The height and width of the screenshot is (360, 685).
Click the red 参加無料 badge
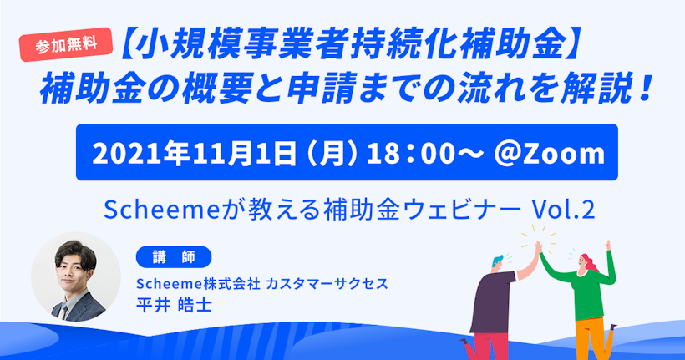[66, 44]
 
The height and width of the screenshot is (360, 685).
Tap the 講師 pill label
[174, 257]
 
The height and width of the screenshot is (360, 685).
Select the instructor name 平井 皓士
[175, 305]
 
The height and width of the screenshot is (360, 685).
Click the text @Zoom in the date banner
[549, 154]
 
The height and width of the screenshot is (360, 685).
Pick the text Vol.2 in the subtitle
[563, 210]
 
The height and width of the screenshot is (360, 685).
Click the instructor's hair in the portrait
[74, 252]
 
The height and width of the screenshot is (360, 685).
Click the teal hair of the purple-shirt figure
[498, 261]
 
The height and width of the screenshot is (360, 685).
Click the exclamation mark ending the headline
[643, 89]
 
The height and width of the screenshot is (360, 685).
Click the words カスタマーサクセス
[327, 284]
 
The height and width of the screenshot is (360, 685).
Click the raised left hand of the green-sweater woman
[607, 245]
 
